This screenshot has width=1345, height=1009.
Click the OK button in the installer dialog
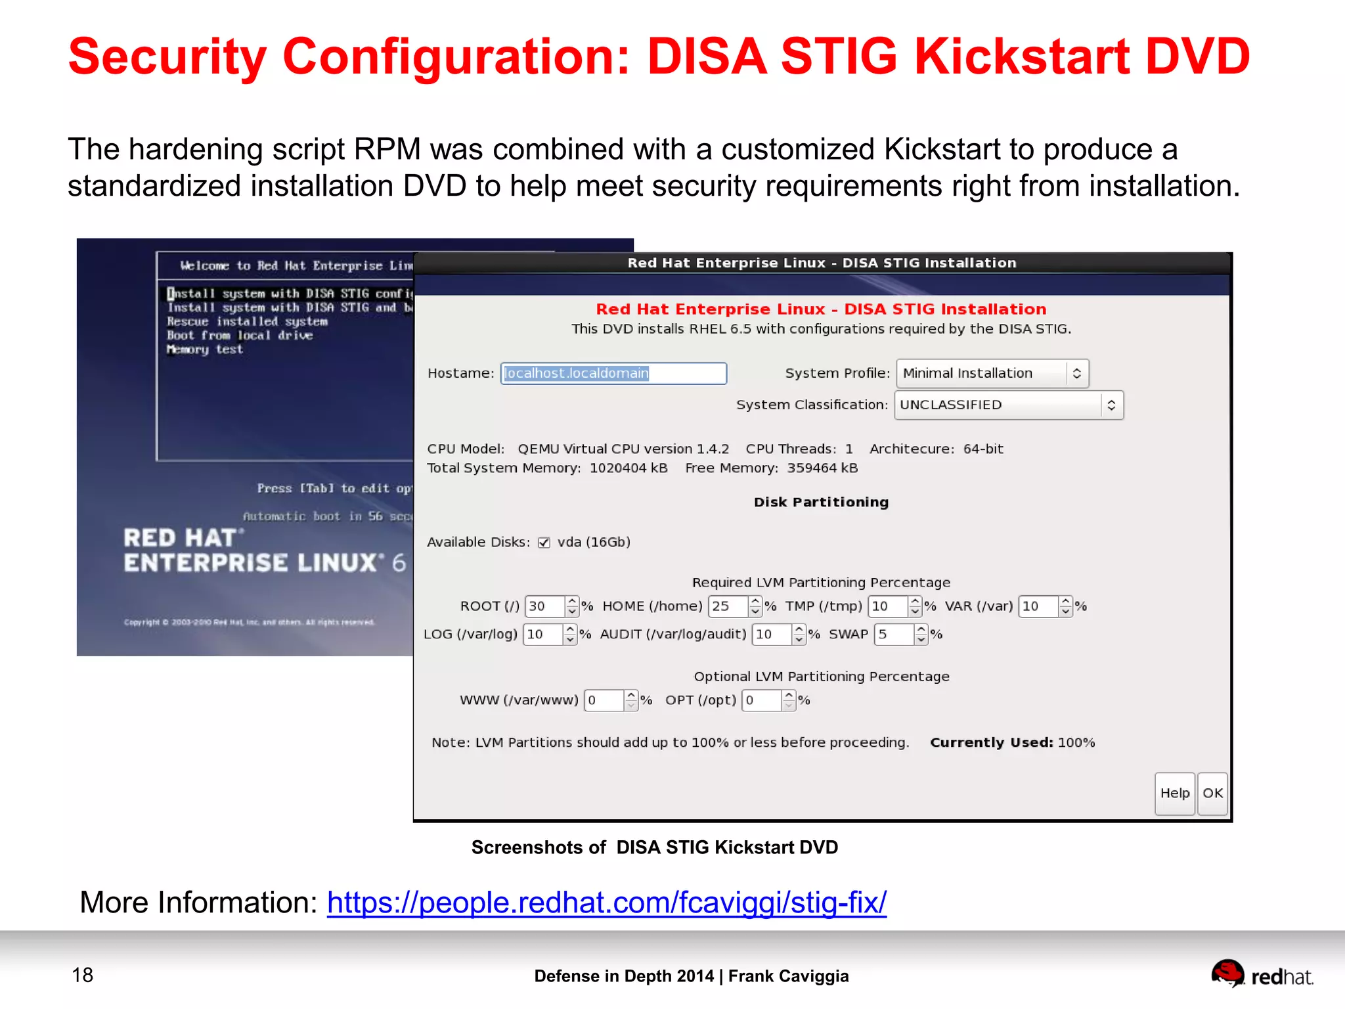(1212, 793)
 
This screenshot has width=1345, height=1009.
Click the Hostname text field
(613, 373)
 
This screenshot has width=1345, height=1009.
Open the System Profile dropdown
(992, 373)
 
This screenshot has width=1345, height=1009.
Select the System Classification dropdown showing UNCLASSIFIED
(1008, 405)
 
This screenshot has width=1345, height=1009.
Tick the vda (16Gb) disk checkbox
(544, 543)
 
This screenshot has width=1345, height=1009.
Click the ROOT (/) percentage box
(544, 606)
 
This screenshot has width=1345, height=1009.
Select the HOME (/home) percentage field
(728, 606)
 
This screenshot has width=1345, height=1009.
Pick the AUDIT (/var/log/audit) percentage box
(771, 634)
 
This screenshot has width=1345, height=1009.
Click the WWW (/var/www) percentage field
(603, 700)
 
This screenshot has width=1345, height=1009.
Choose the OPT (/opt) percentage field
(761, 700)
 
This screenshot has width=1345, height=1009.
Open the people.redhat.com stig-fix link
(606, 903)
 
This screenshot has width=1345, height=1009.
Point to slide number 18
(83, 975)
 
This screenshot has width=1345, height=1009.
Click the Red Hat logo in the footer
(1262, 975)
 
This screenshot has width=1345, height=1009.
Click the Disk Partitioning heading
(821, 502)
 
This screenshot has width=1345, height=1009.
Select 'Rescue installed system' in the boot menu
(247, 322)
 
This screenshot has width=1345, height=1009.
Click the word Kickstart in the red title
(1021, 56)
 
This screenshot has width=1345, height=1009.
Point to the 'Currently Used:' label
(991, 742)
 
